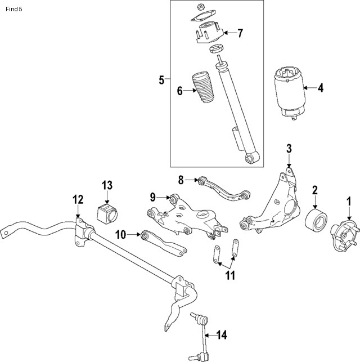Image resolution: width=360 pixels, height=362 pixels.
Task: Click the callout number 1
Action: (348, 200)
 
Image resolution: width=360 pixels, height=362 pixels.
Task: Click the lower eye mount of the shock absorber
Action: (252, 158)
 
